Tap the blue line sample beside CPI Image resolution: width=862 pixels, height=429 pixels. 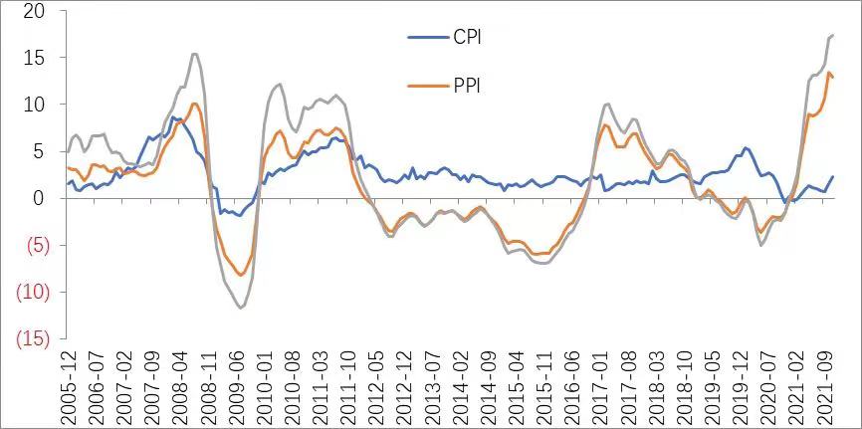tap(430, 38)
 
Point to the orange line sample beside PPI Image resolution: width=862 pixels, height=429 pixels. tap(430, 86)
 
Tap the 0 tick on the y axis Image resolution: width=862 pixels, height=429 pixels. tap(39, 198)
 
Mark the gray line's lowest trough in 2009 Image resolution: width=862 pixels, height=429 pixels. tap(241, 308)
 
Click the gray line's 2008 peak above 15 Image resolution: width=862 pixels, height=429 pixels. tap(194, 54)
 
